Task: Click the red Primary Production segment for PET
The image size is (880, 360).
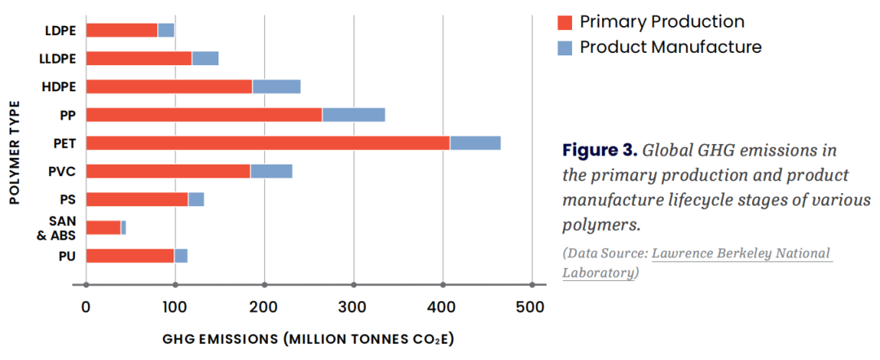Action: (x=267, y=143)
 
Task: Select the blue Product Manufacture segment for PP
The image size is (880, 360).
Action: (x=354, y=115)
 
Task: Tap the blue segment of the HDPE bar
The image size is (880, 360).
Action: (x=276, y=86)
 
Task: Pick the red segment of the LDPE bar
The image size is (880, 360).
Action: (x=121, y=30)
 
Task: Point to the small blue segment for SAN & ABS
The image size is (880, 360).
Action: (x=123, y=227)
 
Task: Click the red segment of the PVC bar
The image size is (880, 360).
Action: (x=168, y=171)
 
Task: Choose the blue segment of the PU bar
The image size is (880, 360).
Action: (x=181, y=256)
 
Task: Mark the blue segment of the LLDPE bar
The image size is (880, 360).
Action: (x=205, y=59)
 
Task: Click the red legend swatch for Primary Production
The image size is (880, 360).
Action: (x=565, y=22)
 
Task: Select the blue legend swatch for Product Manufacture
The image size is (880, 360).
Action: (x=565, y=47)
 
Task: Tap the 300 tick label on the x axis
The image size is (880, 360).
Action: (x=353, y=307)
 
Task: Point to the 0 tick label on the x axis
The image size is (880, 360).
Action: (x=86, y=307)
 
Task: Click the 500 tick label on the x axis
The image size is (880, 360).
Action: (x=531, y=307)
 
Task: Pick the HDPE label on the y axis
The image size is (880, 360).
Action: (x=59, y=87)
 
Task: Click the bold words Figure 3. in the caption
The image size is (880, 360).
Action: (x=599, y=151)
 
